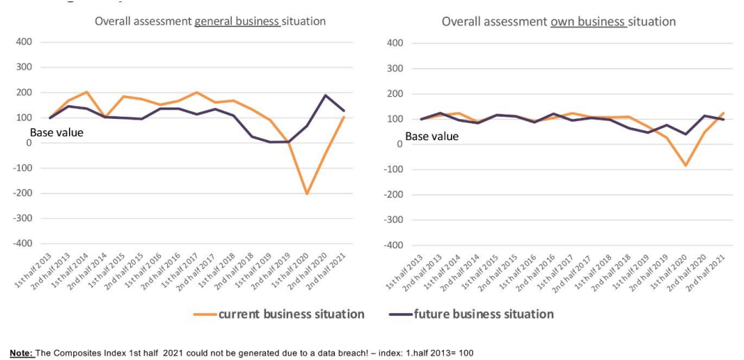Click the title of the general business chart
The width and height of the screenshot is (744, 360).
(210, 21)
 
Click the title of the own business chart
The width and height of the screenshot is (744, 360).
(558, 22)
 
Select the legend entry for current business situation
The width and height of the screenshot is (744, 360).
(291, 314)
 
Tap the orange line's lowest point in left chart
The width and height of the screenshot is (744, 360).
(307, 194)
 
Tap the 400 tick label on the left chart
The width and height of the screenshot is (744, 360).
(24, 42)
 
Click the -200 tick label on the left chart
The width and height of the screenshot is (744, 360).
(23, 194)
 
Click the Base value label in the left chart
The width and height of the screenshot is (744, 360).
(56, 132)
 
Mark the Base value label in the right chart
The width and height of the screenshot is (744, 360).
(432, 136)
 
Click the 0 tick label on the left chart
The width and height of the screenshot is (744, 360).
(28, 143)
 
